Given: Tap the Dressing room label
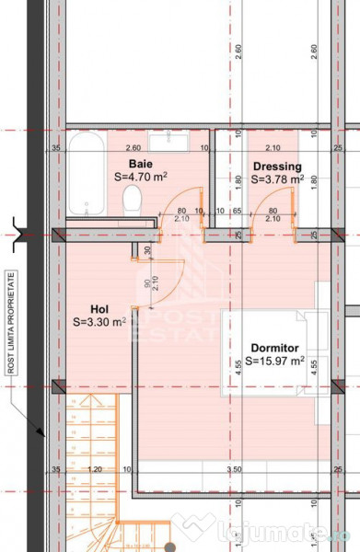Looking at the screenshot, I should pos(277,167).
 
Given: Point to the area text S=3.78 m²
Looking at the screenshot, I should pos(277,179).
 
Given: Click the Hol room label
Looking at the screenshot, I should pos(100,309).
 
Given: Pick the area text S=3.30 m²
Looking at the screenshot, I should pos(100,323).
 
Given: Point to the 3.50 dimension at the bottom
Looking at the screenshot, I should pos(235,469).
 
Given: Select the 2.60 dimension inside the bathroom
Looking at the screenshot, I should pos(134,147).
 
